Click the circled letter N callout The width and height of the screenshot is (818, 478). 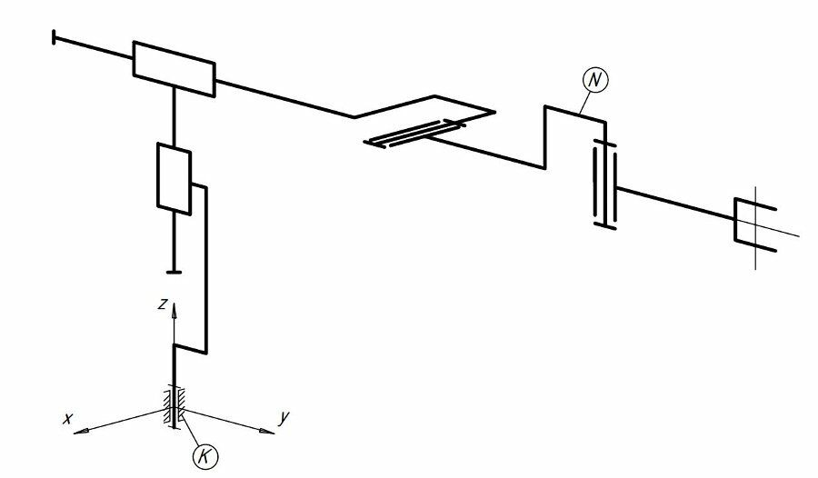pos(594,80)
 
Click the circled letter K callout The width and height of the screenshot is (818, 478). pos(205,457)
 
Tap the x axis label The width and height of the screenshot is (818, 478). pos(67,418)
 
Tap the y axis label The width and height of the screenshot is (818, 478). pos(284,418)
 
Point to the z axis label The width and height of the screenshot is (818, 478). pos(164,304)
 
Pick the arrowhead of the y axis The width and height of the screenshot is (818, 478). pos(266,431)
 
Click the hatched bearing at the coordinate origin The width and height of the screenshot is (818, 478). pos(175,407)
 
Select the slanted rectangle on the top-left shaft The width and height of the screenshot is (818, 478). pos(174,69)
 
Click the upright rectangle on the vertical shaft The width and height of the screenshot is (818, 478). pos(174,179)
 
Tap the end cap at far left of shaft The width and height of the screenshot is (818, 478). pos(55,37)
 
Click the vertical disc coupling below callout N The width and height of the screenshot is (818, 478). pos(604,184)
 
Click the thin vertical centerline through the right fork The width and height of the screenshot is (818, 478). pos(756,228)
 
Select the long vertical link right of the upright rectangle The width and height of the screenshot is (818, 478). pos(206,269)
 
